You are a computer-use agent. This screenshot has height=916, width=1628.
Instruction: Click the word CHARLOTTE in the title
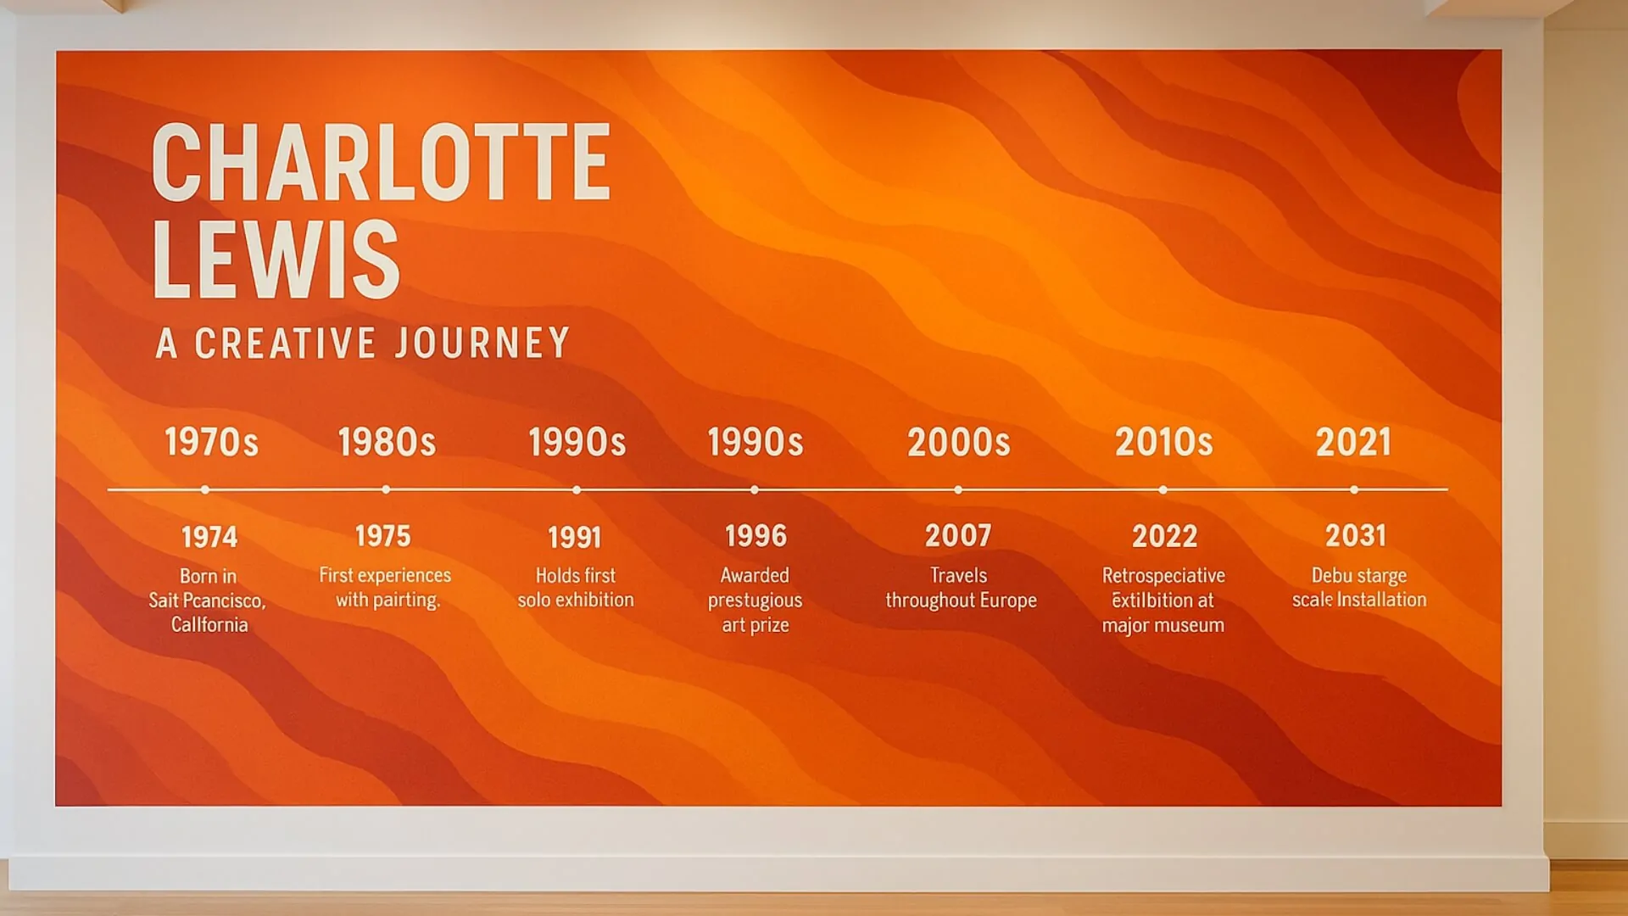pos(381,162)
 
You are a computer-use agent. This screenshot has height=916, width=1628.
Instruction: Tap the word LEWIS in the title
pos(276,260)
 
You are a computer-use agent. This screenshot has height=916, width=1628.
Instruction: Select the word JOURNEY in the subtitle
pos(482,343)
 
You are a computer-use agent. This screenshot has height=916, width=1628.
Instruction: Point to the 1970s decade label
pos(211,443)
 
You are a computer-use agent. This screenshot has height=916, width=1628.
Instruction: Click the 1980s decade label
pos(387,443)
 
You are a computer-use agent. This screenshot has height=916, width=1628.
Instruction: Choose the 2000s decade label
pos(959,443)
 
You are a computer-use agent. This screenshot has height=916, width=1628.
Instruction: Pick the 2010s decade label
pos(1163,443)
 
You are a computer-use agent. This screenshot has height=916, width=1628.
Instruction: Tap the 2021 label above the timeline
pos(1353,443)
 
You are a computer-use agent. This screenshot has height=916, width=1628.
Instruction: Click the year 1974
pos(209,537)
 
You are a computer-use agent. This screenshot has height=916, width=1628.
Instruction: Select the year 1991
pos(575,537)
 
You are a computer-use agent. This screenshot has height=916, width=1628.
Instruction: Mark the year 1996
pos(755,536)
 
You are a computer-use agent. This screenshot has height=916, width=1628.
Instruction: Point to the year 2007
pos(958,536)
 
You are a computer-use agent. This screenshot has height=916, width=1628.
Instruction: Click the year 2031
pos(1356,536)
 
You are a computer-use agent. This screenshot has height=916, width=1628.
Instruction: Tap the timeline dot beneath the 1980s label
pos(386,489)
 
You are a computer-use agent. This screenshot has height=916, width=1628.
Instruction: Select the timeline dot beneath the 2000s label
pos(958,489)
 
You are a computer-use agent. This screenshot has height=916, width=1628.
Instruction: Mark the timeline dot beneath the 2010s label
pos(1162,489)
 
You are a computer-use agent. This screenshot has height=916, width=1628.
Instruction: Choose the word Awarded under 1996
pos(755,575)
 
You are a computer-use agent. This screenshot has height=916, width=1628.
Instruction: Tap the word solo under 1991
pos(533,600)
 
